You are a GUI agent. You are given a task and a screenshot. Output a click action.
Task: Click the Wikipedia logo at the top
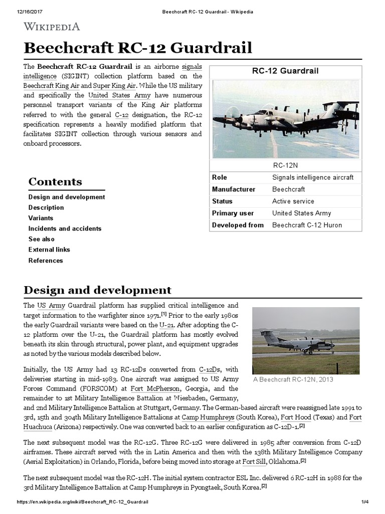[x=52, y=26]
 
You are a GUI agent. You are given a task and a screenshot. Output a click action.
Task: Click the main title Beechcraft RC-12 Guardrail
[x=138, y=48]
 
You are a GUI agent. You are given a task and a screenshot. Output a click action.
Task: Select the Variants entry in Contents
[x=41, y=218]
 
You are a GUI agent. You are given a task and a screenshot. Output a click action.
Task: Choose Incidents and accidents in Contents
[x=65, y=228]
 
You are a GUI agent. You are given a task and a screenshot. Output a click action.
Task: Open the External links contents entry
[x=49, y=249]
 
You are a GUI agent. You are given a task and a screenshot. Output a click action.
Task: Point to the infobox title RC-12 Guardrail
[x=285, y=71]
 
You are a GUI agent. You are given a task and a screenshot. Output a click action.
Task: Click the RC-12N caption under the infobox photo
[x=285, y=165]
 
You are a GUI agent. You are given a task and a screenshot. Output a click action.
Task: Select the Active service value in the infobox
[x=293, y=201]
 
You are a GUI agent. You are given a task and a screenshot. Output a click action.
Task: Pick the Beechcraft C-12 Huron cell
[x=307, y=225]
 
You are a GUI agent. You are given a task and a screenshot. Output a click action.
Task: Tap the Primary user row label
[x=233, y=213]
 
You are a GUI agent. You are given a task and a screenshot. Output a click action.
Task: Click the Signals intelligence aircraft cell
[x=312, y=177]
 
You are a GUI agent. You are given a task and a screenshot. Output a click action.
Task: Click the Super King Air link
[x=109, y=86]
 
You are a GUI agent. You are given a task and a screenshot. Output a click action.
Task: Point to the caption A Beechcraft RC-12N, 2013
[x=292, y=379]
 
